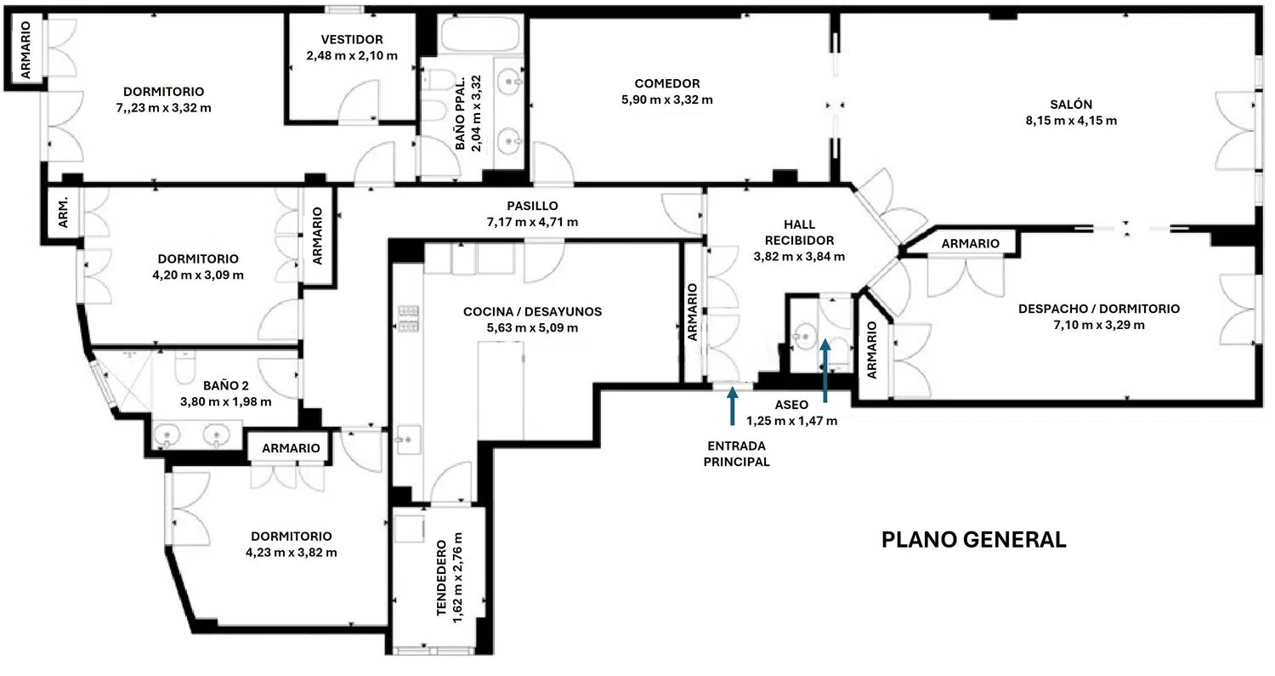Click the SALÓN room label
point(1070,105)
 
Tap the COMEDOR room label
point(666,83)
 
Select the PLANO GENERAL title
point(973,540)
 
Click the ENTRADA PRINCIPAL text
point(738,454)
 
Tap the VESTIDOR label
point(352,39)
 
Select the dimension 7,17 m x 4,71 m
point(531,222)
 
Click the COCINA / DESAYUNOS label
point(532,312)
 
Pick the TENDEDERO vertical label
point(442,578)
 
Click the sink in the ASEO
point(801,337)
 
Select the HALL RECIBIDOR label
point(799,232)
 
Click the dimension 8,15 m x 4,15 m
point(1071,121)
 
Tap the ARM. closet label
point(63,209)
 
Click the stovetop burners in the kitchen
point(409,318)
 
